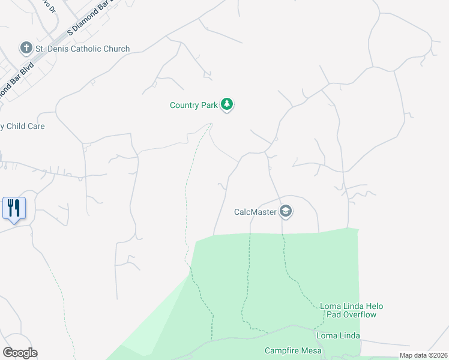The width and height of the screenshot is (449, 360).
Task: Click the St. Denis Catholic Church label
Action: click(83, 49)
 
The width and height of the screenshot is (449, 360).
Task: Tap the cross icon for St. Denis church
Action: click(26, 47)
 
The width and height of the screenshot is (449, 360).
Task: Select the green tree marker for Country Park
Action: click(226, 105)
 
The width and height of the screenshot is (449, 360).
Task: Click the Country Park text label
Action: click(193, 105)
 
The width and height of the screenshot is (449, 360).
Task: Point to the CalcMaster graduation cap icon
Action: click(286, 212)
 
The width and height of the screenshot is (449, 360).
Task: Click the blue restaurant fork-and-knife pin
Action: click(14, 208)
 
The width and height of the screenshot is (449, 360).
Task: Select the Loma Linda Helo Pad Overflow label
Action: click(351, 310)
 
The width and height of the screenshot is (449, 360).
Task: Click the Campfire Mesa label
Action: click(294, 350)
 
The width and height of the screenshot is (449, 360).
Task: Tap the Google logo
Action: click(20, 353)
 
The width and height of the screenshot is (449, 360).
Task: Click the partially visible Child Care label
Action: click(23, 126)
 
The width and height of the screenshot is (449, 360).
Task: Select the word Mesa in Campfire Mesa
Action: click(312, 350)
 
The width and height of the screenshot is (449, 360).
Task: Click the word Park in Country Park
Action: click(208, 105)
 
